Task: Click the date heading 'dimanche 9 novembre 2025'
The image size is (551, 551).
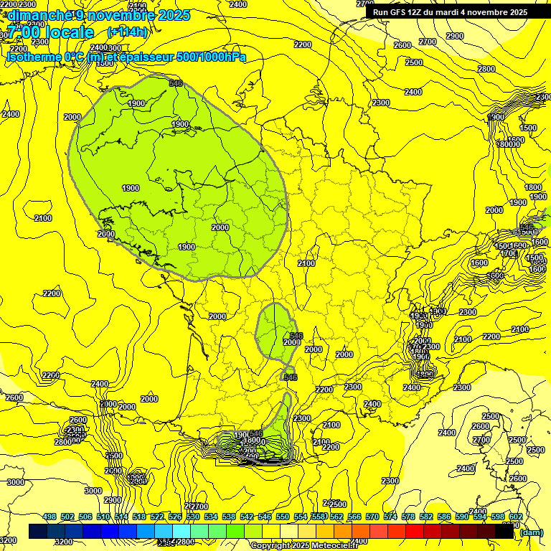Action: coord(98,15)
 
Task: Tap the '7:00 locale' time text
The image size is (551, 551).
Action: coord(50,32)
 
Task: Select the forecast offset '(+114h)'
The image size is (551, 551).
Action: coord(127,32)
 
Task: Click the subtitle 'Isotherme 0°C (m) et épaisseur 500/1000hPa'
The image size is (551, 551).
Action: coord(126,57)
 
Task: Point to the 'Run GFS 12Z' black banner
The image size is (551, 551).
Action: coord(451,11)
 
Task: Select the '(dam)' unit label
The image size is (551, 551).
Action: coord(531,532)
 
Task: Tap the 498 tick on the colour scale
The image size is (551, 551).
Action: coord(50,517)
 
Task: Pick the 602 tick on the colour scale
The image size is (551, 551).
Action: coord(516,517)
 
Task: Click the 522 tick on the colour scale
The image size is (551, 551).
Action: coord(157,517)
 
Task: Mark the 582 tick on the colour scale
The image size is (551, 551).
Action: coord(426,517)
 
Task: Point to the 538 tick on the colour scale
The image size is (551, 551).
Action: coord(229,517)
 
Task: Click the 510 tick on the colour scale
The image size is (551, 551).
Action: coord(103,517)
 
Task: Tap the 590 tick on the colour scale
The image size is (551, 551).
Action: coord(462,517)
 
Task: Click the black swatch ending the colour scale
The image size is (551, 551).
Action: coord(505,532)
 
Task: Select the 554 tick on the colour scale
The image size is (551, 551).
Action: coord(301,517)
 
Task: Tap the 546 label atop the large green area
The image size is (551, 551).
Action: coord(176,84)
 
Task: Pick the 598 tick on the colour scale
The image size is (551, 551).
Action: coord(498,517)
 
